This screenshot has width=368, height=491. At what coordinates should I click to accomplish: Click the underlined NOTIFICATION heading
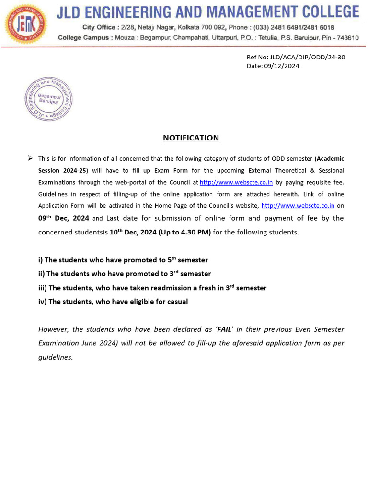coord(191,138)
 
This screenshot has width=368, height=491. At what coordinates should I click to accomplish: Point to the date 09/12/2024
coord(281,66)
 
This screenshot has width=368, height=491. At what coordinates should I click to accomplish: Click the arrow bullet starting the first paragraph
coord(30,158)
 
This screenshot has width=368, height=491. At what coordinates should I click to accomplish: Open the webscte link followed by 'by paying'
coord(236,182)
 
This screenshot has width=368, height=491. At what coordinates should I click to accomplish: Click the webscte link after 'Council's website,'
coord(298,206)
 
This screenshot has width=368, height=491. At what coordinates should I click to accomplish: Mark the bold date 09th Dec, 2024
coord(64,218)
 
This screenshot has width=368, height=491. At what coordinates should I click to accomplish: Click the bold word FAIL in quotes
coord(224,329)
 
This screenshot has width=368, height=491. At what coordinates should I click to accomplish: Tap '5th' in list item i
coord(171,260)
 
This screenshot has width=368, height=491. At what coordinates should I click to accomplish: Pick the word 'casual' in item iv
coord(176,302)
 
